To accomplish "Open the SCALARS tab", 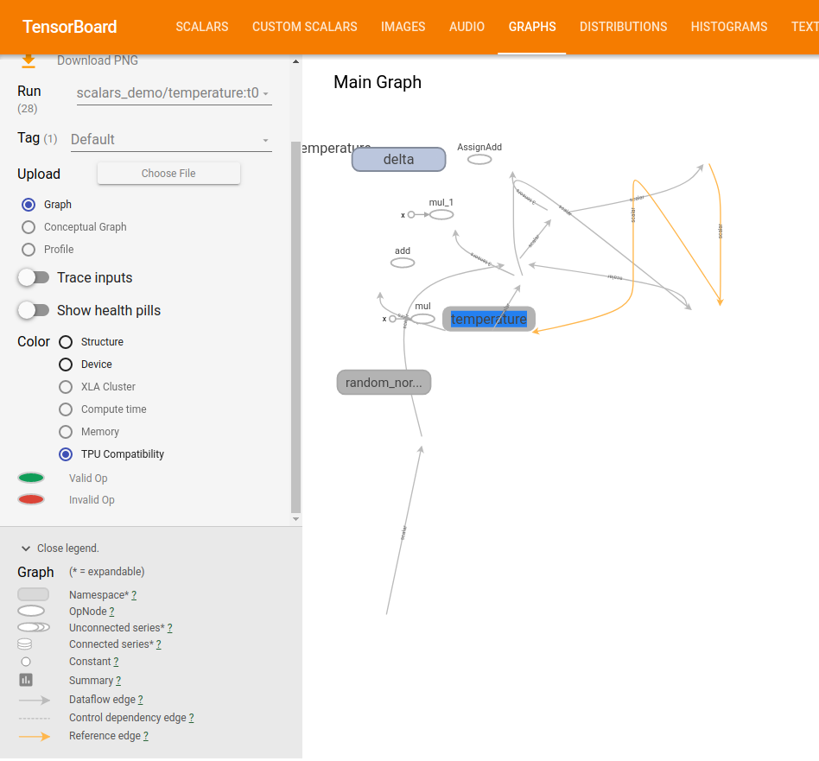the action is pos(202,27).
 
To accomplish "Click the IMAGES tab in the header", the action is pos(403,27).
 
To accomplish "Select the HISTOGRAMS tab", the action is pos(728,27).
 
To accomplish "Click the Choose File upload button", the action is pos(168,174).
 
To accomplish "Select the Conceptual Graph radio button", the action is pos(29,227).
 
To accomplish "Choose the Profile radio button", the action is pos(29,250).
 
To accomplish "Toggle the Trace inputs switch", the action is pos(34,277).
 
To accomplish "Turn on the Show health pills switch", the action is pos(34,310).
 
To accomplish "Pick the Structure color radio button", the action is pos(66,342).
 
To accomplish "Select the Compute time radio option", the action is pos(66,409).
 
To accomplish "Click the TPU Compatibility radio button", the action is pos(66,454).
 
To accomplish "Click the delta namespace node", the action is pos(398,159).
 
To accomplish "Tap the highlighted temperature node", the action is pos(489,319).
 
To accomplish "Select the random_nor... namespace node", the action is pos(384,383).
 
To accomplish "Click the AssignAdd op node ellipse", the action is pos(479,160).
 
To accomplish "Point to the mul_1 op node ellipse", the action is pos(441,214).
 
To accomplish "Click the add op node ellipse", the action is pos(403,263).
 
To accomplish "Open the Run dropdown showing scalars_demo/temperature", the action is pos(174,93).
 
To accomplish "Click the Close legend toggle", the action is pos(60,549).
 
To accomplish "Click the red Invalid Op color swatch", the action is pos(31,499).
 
